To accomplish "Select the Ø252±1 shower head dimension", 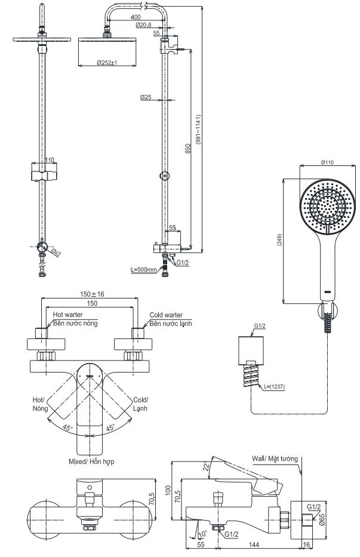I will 107,63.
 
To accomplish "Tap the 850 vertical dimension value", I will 187,149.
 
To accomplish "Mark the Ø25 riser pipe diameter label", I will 145,97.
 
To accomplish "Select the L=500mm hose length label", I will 143,270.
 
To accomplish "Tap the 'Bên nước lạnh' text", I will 171,323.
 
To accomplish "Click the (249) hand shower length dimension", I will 280,239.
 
